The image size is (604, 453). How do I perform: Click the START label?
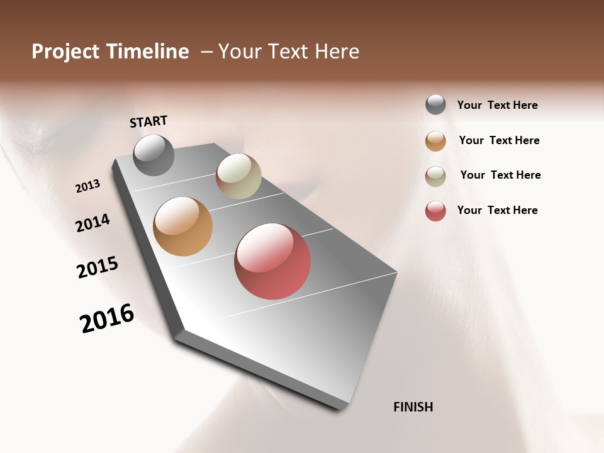coord(148,121)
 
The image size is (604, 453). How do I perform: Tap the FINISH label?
coord(413,407)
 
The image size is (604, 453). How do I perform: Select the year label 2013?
coord(87,186)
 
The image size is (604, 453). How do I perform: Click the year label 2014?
coord(92,223)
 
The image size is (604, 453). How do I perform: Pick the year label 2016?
coord(107,318)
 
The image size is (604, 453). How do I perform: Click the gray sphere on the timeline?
coord(154,155)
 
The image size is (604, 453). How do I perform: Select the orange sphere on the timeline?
coord(182,226)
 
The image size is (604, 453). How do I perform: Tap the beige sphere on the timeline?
coord(238,176)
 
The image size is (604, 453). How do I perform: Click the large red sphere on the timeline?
coord(272,261)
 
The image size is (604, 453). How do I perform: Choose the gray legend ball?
coord(435,105)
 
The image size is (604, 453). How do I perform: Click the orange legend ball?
coord(435,141)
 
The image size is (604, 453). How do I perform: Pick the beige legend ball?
coord(435,176)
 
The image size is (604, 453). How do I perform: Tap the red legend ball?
coord(435,211)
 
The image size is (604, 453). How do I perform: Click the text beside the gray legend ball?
coord(497,105)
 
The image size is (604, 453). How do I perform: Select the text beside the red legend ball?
coord(497,210)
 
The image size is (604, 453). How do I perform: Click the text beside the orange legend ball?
coord(499,140)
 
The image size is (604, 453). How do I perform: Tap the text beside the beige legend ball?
coord(500,175)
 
